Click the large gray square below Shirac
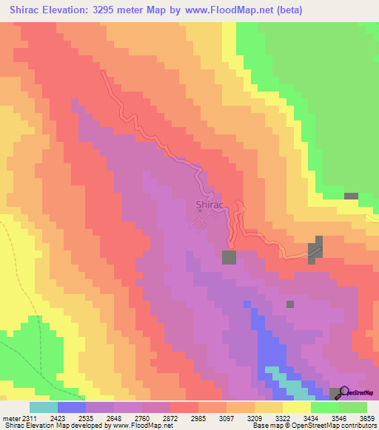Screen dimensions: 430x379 [229, 257]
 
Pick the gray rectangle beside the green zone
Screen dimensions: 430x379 [351, 196]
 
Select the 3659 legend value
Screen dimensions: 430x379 [366, 417]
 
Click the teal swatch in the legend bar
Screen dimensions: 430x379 [43, 407]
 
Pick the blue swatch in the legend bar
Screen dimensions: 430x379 [71, 407]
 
